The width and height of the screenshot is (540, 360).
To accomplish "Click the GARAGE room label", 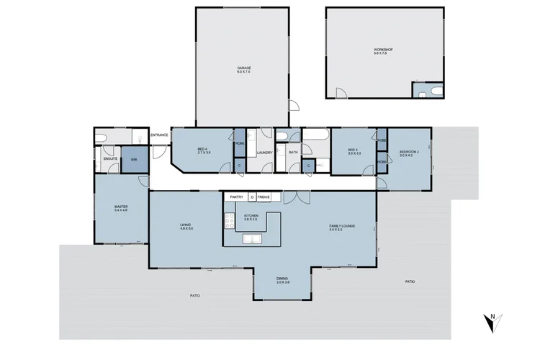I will tap(243, 68).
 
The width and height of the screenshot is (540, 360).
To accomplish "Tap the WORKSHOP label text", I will tap(383, 50).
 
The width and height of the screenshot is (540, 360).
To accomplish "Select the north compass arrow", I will tap(492, 322).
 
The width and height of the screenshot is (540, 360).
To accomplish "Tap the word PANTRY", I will tap(235, 197).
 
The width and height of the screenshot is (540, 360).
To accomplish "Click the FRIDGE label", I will tap(264, 197).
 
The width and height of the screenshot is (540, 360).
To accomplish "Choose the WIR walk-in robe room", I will tap(133, 159).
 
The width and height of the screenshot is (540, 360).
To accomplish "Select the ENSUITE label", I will tap(110, 157).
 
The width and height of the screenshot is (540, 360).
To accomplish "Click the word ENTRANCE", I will tap(159, 135).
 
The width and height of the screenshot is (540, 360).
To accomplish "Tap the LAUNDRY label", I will tap(264, 152).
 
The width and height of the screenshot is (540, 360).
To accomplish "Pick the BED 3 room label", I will tap(352, 150).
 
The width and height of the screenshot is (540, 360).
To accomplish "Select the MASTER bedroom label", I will tap(120, 207).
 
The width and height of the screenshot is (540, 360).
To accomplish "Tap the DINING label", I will tap(282, 279).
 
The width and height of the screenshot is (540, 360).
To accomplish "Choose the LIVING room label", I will tap(186, 226).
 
